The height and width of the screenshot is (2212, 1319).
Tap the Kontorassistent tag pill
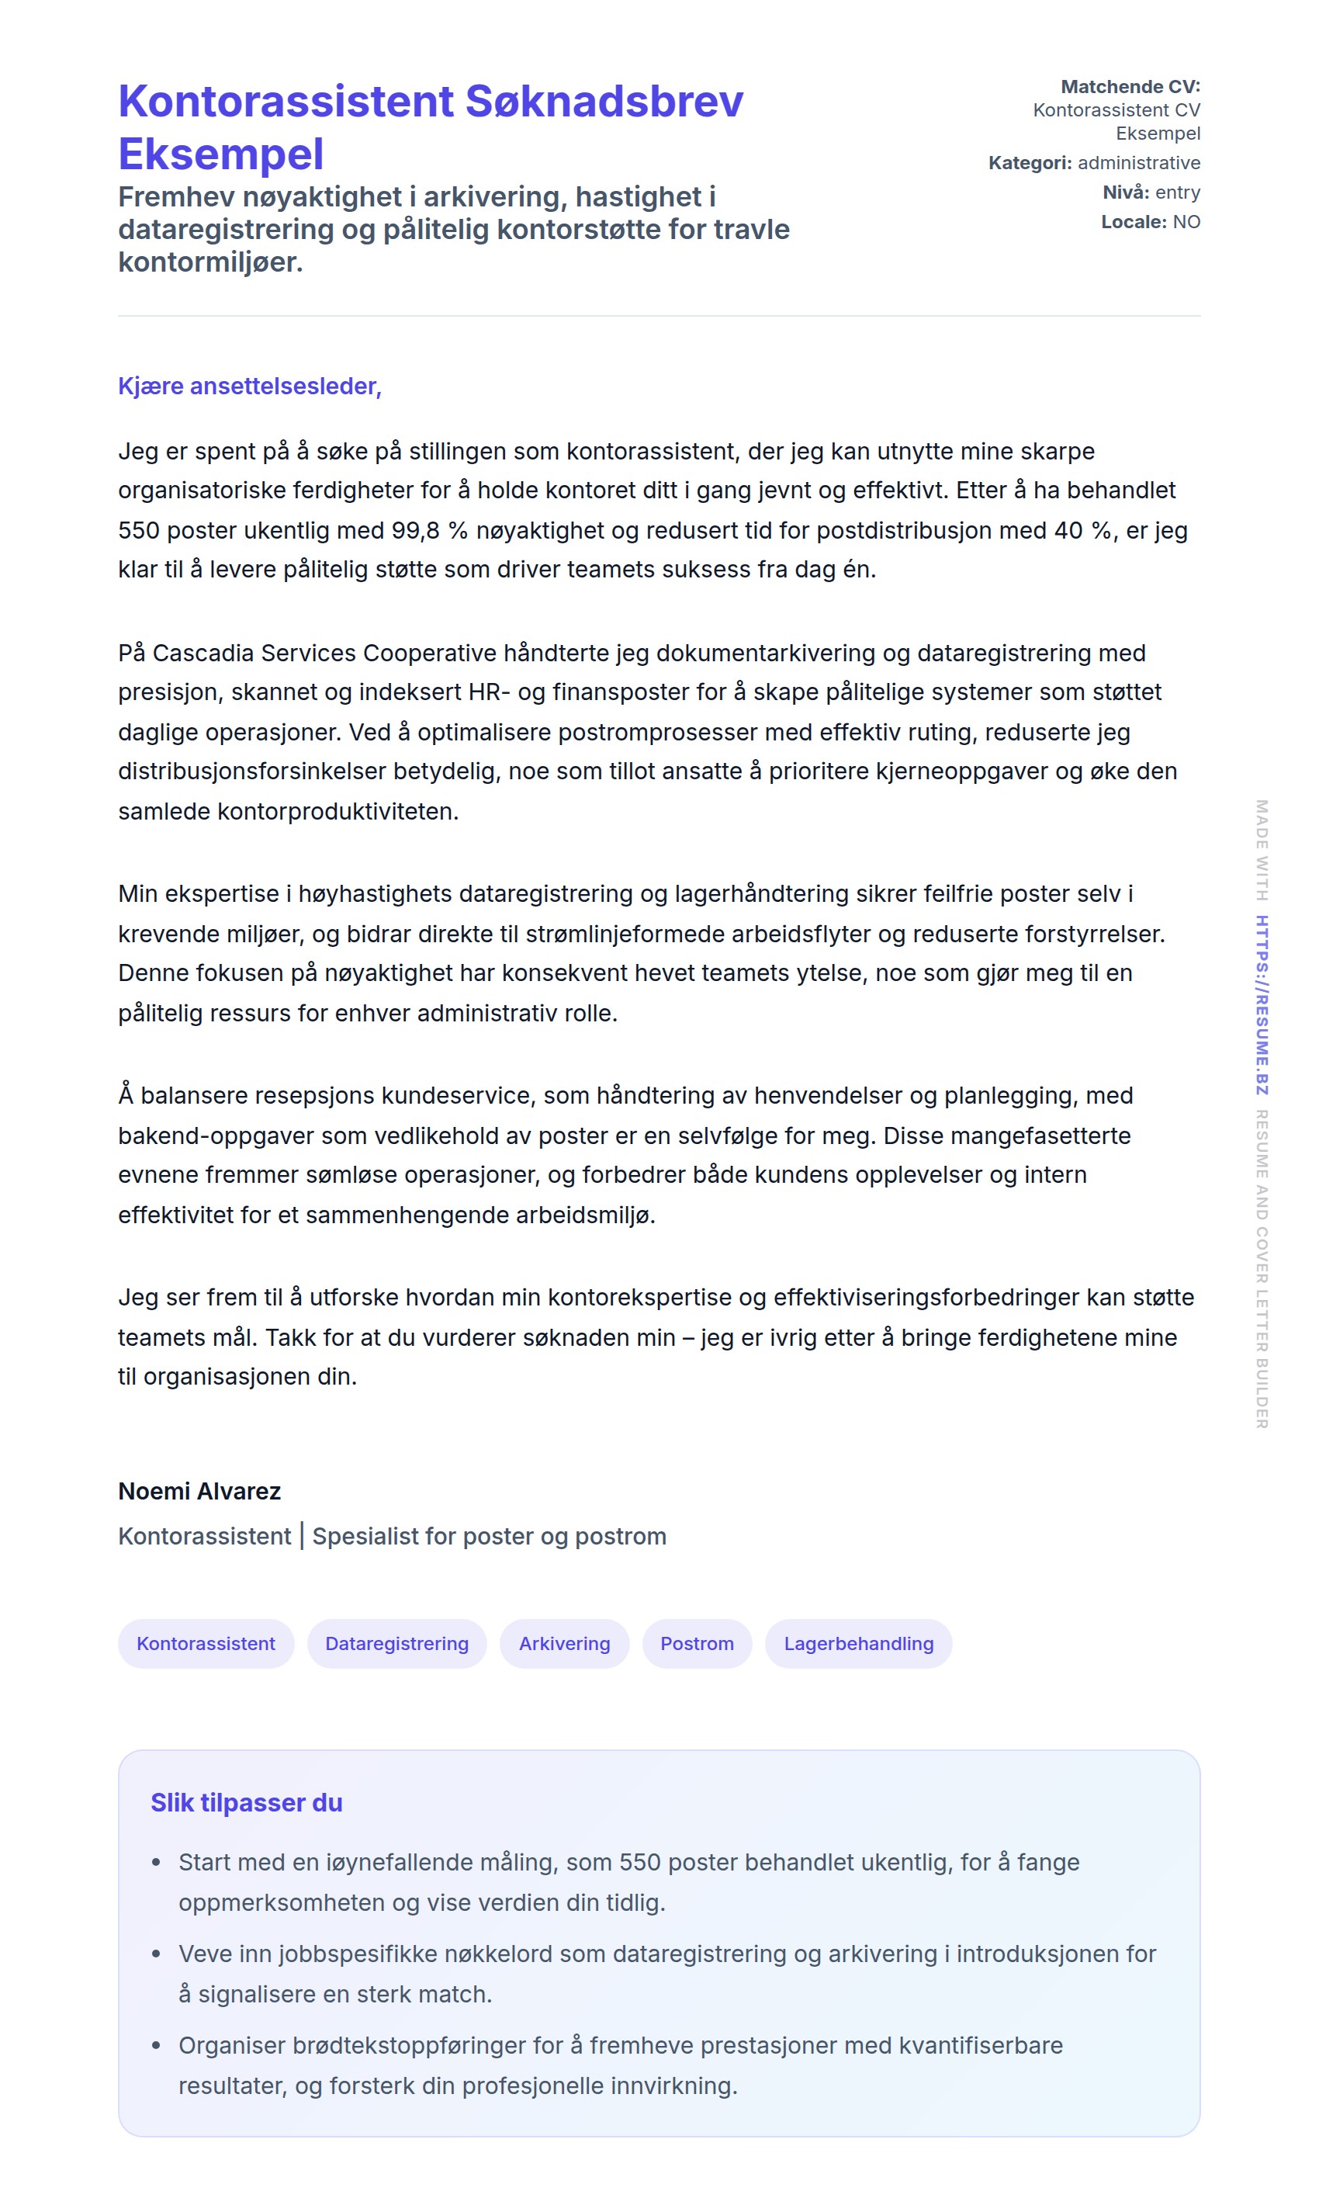pos(206,1643)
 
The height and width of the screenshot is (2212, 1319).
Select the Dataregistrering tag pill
pos(396,1643)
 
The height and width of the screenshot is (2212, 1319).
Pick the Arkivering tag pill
pos(564,1643)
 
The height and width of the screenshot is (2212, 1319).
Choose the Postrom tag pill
pos(697,1643)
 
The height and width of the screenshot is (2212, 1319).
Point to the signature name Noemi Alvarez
pos(199,1491)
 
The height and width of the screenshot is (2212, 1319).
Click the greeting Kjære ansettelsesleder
pos(250,386)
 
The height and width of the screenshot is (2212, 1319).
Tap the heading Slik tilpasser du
pos(246,1802)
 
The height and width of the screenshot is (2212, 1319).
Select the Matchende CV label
pos(1130,86)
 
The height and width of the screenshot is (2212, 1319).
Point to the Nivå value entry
pos(1177,192)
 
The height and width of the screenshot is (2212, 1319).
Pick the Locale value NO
pos(1186,221)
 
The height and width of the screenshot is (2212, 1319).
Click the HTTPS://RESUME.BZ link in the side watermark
pos(1262,1004)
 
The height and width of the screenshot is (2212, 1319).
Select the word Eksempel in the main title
pos(220,154)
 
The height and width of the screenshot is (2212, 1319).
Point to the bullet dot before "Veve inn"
pos(157,1954)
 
